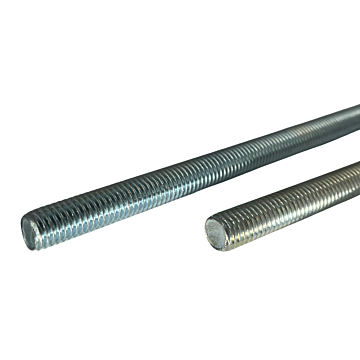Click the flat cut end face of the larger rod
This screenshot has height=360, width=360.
(31, 230)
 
